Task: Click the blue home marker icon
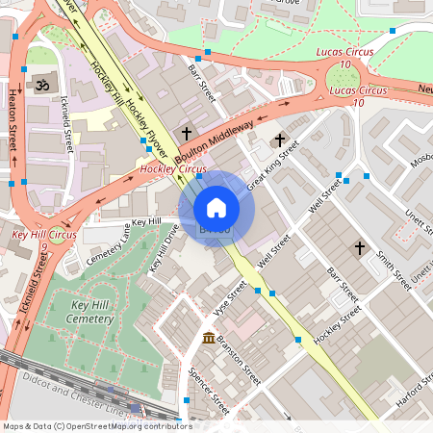tap(216, 208)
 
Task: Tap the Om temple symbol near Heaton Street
tap(41, 86)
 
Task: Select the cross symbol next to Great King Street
tap(280, 140)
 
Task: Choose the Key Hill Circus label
tap(44, 234)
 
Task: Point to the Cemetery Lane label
tap(110, 243)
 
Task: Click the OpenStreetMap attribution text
tap(97, 425)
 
